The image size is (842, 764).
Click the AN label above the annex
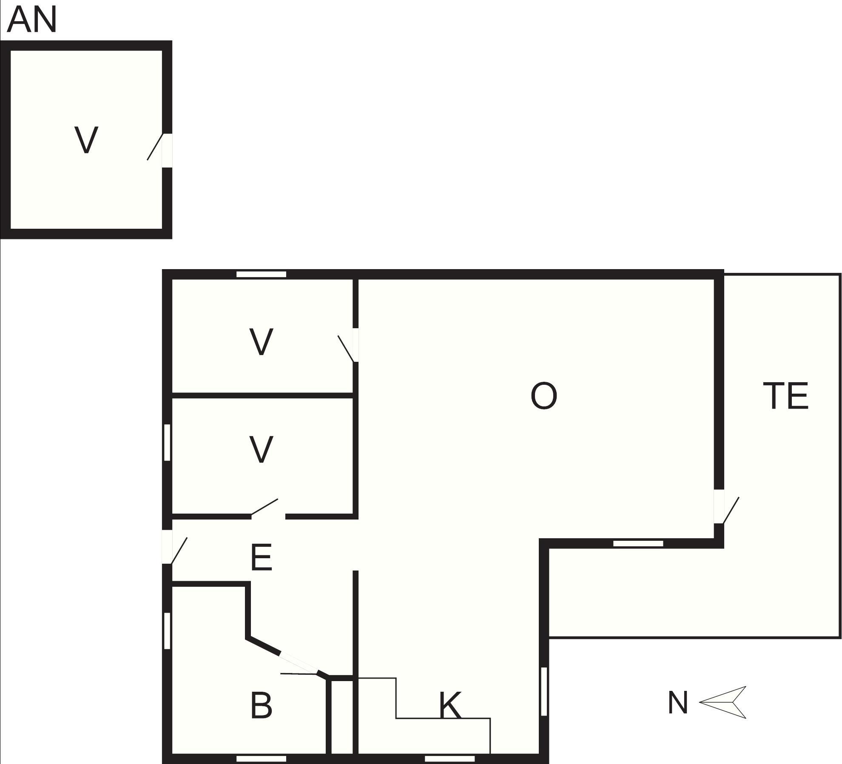[x=32, y=20]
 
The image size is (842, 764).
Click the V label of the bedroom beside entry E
[x=261, y=449]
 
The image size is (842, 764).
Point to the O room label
[x=544, y=396]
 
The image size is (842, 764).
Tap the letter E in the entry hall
[x=261, y=558]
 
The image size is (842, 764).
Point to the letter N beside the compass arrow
[x=678, y=702]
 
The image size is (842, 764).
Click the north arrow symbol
[x=723, y=702]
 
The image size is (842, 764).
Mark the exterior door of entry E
[x=174, y=548]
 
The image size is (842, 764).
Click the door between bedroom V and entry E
[x=268, y=508]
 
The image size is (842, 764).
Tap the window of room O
[x=638, y=543]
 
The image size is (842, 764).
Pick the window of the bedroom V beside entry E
[x=167, y=442]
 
